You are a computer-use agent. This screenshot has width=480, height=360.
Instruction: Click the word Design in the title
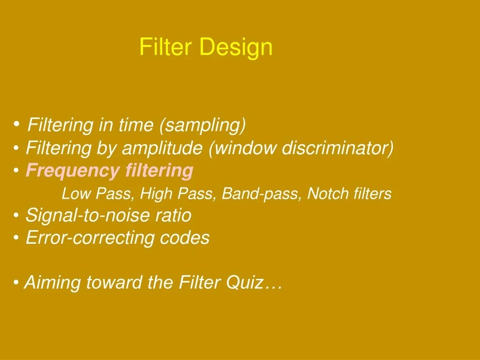click(x=236, y=48)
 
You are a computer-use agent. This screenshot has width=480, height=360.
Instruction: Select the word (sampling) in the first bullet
click(x=202, y=125)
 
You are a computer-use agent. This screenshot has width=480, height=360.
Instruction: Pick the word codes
click(x=185, y=238)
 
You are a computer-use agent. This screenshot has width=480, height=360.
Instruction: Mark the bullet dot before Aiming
click(x=17, y=283)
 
